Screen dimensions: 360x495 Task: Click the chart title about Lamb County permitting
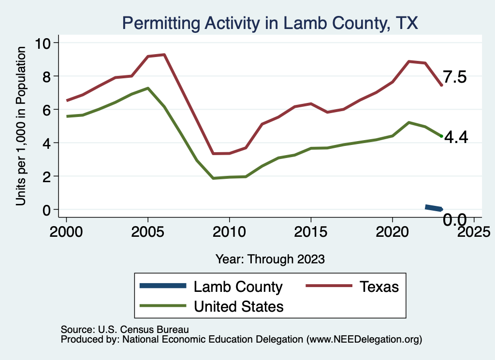pos(270,23)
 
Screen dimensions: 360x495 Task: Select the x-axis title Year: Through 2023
pos(270,259)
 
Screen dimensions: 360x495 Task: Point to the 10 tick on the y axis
pos(45,43)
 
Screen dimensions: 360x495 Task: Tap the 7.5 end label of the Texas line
pos(455,77)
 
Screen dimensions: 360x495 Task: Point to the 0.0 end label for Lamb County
pos(455,220)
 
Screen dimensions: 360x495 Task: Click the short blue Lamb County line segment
pos(434,208)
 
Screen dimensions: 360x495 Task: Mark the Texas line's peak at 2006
pos(164,55)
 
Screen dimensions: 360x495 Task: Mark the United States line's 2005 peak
pos(148,88)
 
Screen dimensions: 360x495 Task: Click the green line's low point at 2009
pos(213,178)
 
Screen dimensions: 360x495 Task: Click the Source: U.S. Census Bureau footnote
pos(124,330)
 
